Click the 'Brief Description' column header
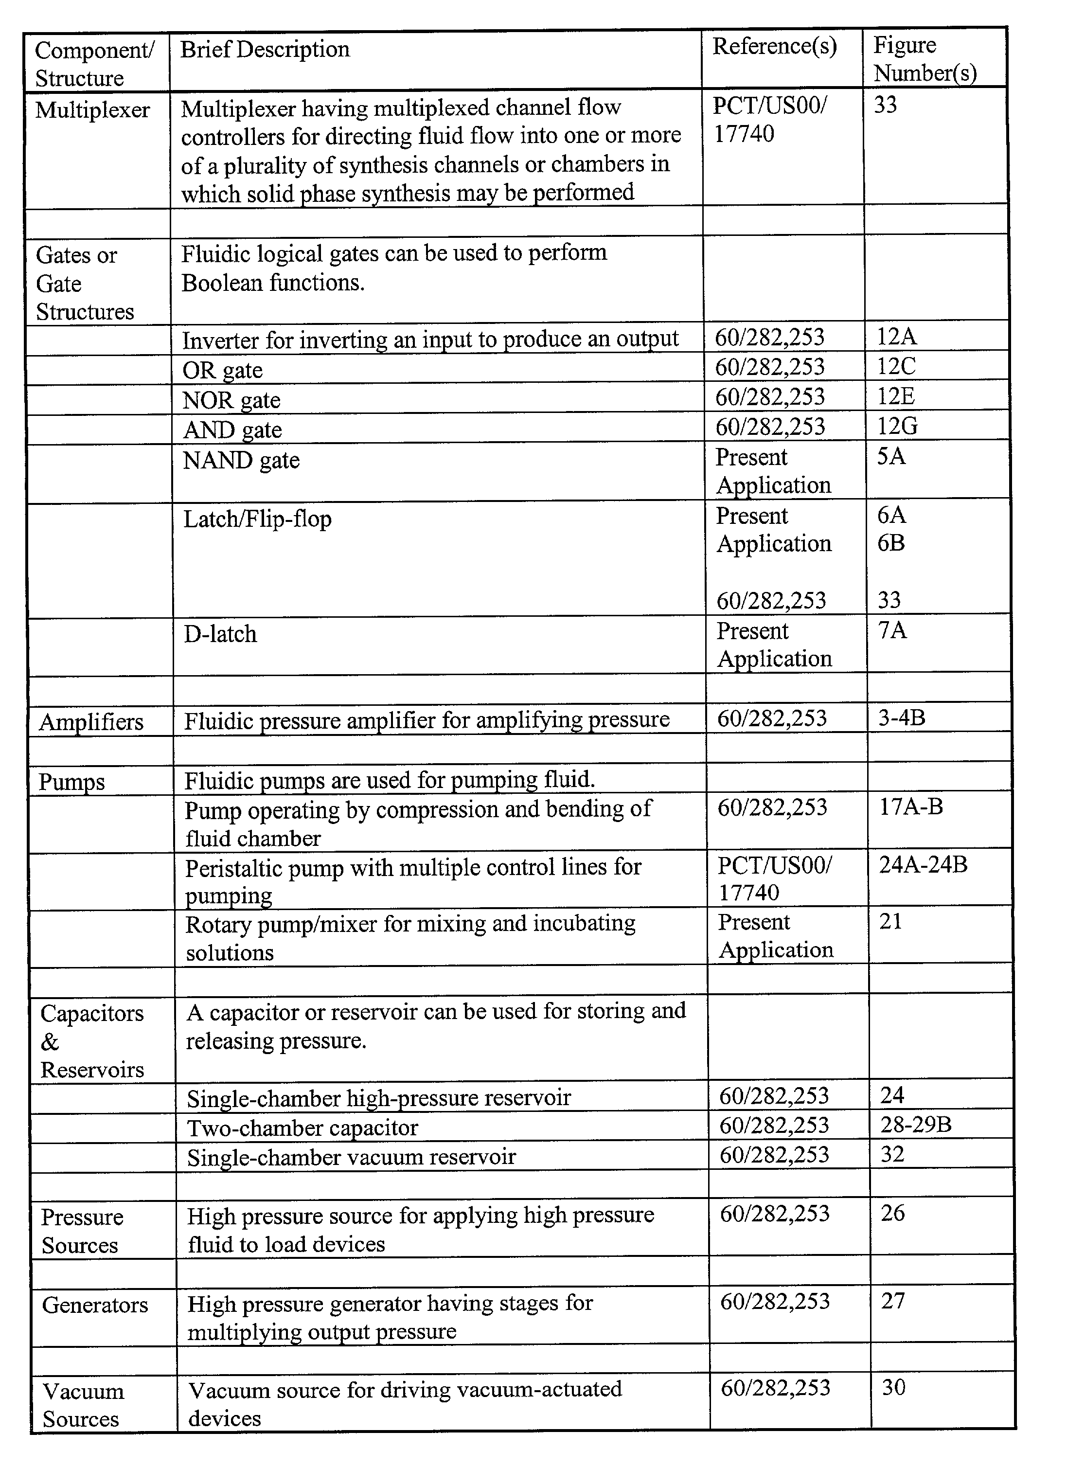265,50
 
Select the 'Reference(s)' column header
775,47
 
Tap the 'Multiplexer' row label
92,110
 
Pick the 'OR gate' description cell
223,370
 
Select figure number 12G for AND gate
897,426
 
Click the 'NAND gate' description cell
241,460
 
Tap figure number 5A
891,456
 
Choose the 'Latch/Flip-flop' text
257,519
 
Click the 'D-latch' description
220,634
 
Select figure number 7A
892,630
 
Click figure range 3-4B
901,718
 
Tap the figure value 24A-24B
923,865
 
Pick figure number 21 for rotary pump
890,921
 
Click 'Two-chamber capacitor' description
302,1128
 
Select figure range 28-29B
916,1124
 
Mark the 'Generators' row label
95,1305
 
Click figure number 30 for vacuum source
893,1387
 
